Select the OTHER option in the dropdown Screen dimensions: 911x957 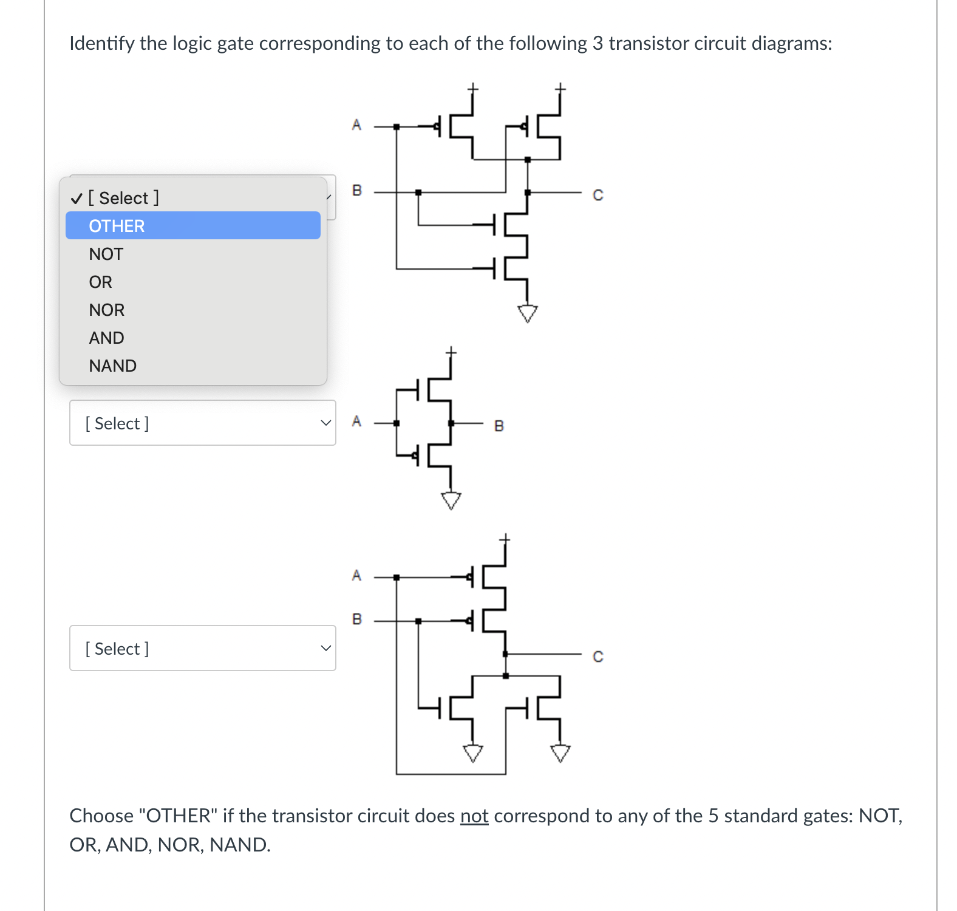pyautogui.click(x=192, y=226)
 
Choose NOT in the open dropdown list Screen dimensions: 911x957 pyautogui.click(x=106, y=254)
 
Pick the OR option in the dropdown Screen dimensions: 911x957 pyautogui.click(x=101, y=282)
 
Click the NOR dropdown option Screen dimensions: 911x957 pyautogui.click(x=107, y=310)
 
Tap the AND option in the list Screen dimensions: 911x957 pyautogui.click(x=107, y=338)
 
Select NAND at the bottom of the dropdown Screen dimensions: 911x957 pyautogui.click(x=113, y=366)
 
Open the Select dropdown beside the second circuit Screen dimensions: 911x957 pyautogui.click(x=202, y=423)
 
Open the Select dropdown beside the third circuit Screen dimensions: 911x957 pyautogui.click(x=202, y=648)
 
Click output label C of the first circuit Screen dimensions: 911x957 pyautogui.click(x=598, y=195)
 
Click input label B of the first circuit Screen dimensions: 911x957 pyautogui.click(x=357, y=191)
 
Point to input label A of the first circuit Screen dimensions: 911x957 pyautogui.click(x=356, y=125)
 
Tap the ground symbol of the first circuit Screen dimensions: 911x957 pyautogui.click(x=527, y=313)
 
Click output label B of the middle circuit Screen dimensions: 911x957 pyautogui.click(x=499, y=426)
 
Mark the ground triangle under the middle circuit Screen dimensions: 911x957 pyautogui.click(x=451, y=500)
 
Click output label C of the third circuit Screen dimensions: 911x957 pyautogui.click(x=598, y=657)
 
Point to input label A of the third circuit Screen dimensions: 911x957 pyautogui.click(x=356, y=575)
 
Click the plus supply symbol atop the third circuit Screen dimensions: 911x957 pyautogui.click(x=505, y=539)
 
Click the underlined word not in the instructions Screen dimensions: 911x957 pyautogui.click(x=474, y=816)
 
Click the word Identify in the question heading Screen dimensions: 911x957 pyautogui.click(x=102, y=43)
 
